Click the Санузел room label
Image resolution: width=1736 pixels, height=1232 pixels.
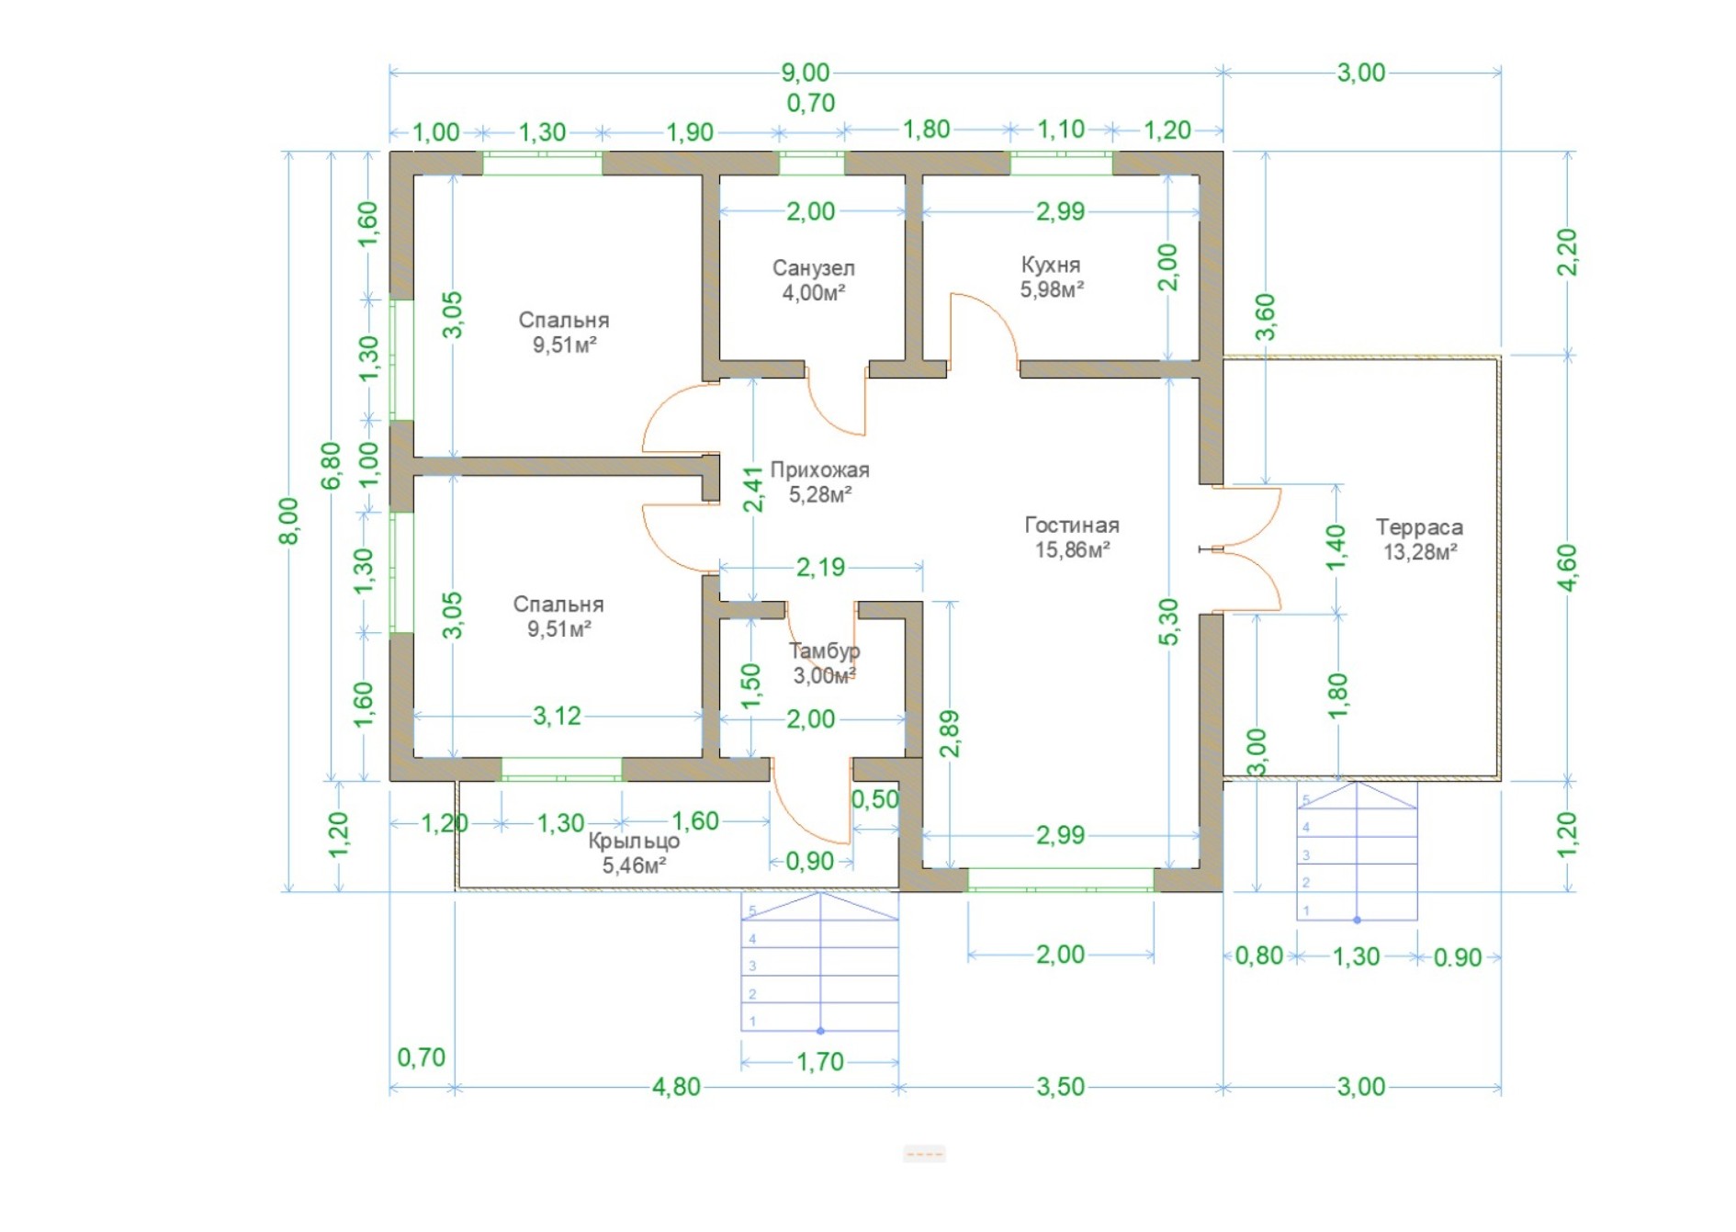[x=813, y=268]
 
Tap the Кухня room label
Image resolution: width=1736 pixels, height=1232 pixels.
[x=1050, y=265]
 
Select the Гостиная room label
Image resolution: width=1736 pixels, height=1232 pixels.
[x=1072, y=526]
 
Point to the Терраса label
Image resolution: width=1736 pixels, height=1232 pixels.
[x=1419, y=527]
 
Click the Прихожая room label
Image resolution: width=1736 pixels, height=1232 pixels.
[x=819, y=470]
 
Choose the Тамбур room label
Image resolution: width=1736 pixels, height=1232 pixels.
[x=824, y=651]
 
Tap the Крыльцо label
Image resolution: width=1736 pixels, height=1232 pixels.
[x=634, y=842]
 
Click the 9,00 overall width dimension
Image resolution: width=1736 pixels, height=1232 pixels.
[x=805, y=73]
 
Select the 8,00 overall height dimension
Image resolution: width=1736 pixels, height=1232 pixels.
[x=288, y=521]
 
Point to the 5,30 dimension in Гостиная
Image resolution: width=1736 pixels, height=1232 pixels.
[x=1167, y=622]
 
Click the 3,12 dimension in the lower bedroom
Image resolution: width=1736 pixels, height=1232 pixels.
[x=557, y=716]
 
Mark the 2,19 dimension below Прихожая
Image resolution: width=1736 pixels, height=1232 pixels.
[x=820, y=567]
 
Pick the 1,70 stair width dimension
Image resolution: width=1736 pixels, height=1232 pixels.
[x=819, y=1062]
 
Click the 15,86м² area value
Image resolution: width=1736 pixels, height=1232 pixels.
[x=1072, y=550]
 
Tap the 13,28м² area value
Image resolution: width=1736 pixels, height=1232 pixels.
[x=1420, y=552]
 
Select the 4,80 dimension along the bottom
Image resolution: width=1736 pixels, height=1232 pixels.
[x=676, y=1087]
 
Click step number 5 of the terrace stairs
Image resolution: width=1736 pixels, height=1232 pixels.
[x=1306, y=800]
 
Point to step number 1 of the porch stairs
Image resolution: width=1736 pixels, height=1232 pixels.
[x=752, y=1022]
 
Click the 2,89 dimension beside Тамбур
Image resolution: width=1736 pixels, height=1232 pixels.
[x=950, y=733]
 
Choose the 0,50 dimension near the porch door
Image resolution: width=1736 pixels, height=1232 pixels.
[x=874, y=799]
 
